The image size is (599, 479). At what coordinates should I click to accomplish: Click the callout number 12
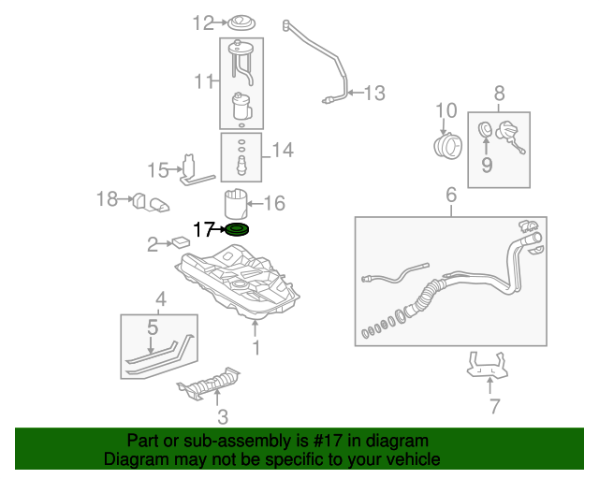(203, 23)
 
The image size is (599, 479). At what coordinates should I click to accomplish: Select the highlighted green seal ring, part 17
(238, 229)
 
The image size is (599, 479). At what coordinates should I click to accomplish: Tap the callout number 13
(374, 93)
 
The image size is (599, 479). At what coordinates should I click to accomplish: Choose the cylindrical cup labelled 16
(236, 203)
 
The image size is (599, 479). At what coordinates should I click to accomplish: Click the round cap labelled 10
(448, 146)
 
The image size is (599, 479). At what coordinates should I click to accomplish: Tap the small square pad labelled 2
(181, 241)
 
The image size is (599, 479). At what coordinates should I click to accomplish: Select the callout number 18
(108, 198)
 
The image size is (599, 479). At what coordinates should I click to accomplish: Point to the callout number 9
(487, 166)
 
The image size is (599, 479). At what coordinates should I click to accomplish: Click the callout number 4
(161, 299)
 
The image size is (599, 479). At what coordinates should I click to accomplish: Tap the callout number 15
(157, 169)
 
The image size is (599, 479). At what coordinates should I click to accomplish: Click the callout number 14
(282, 149)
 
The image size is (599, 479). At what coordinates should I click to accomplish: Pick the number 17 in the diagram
(203, 228)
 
